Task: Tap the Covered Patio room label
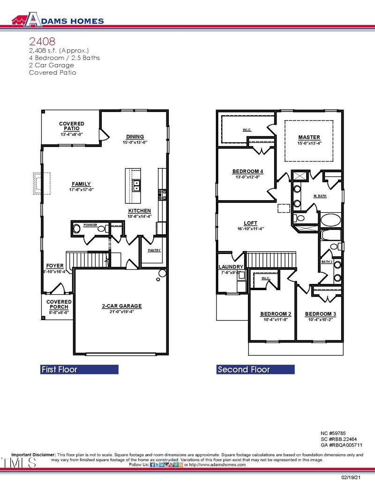click(72, 126)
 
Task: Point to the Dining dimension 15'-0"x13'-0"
click(135, 142)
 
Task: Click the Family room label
click(81, 184)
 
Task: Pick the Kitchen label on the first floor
click(139, 211)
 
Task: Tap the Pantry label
click(154, 250)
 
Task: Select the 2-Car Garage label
click(121, 306)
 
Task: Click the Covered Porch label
click(59, 304)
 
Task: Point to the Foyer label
click(55, 266)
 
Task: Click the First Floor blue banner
click(79, 369)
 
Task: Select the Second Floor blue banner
click(255, 369)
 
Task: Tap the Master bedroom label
click(309, 137)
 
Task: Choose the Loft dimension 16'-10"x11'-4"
click(250, 229)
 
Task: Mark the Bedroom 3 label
click(320, 313)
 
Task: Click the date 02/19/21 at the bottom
click(351, 477)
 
